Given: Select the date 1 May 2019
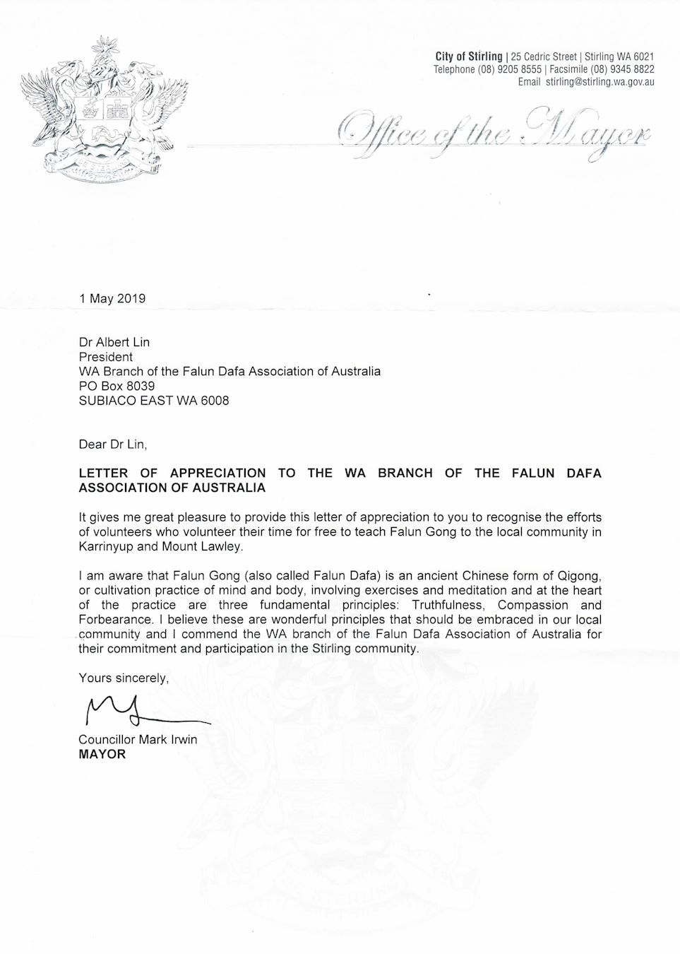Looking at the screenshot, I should (x=112, y=298).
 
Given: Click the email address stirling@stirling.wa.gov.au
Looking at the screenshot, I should (x=600, y=82).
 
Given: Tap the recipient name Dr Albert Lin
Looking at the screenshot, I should (x=114, y=342).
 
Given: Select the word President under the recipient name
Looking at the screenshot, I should (x=106, y=357).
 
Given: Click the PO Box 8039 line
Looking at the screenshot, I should (x=117, y=386).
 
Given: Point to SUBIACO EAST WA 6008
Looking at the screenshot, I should (x=154, y=401).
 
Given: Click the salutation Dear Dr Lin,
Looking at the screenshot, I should (x=113, y=444).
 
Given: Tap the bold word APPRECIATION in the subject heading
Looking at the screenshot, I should (x=217, y=473).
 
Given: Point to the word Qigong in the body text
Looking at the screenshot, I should (x=580, y=576).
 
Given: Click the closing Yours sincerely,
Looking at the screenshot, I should (x=124, y=678).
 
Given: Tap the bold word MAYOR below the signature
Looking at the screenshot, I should (x=102, y=754).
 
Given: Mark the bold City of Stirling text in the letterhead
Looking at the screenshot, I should (x=469, y=57).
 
